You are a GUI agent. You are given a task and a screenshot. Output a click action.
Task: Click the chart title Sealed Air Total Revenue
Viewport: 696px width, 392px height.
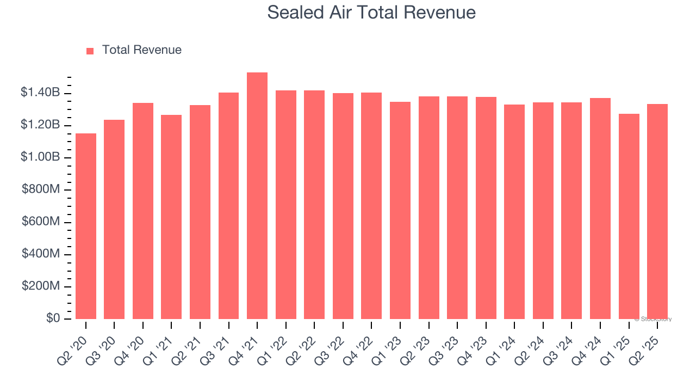(371, 13)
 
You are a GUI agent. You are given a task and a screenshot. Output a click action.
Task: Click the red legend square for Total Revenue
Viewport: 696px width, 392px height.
(90, 51)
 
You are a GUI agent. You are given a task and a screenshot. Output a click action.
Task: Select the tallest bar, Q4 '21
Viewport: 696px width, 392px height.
(257, 196)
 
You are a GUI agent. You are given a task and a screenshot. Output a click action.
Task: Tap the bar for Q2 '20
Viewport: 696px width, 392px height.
(86, 226)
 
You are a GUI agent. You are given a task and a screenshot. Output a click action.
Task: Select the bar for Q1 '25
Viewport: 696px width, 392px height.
(629, 216)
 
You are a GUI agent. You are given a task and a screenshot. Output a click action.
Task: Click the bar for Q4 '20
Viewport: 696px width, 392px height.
(143, 211)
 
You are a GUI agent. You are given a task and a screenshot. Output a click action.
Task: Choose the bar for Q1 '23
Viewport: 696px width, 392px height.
(400, 210)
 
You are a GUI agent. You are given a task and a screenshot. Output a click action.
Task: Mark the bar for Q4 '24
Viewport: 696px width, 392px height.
(600, 209)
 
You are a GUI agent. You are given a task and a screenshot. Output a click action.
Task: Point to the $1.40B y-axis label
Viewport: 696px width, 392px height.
(40, 93)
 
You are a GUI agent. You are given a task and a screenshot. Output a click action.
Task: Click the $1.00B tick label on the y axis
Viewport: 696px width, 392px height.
(40, 157)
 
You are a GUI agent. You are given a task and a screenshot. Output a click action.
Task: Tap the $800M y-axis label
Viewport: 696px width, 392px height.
(41, 189)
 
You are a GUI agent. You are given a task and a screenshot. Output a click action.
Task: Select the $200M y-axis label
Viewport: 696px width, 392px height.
(41, 286)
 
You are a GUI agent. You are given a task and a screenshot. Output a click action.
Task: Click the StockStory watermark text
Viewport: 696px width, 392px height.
(653, 319)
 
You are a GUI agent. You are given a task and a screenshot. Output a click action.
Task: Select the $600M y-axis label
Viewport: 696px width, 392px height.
(41, 222)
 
